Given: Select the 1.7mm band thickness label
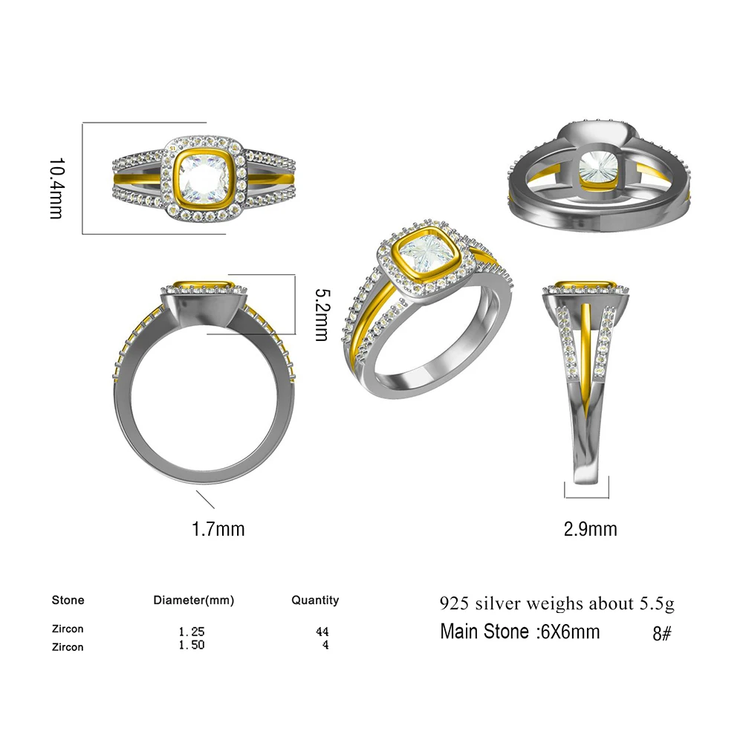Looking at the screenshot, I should pyautogui.click(x=218, y=529).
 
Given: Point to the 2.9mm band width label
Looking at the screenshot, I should pyautogui.click(x=590, y=529).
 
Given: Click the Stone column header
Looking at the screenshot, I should pyautogui.click(x=68, y=600).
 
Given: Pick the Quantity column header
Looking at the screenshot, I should pyautogui.click(x=314, y=600).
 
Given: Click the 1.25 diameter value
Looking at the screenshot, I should pyautogui.click(x=191, y=632).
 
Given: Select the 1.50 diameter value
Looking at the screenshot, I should pyautogui.click(x=191, y=645).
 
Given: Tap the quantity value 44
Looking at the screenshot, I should pyautogui.click(x=322, y=632).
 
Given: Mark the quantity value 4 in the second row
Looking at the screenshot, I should pyautogui.click(x=325, y=645).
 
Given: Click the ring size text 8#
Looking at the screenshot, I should pyautogui.click(x=661, y=634).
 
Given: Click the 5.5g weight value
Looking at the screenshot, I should pyautogui.click(x=657, y=603).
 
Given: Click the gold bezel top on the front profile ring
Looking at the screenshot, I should pyautogui.click(x=205, y=285).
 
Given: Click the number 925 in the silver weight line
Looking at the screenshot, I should pyautogui.click(x=454, y=603).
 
